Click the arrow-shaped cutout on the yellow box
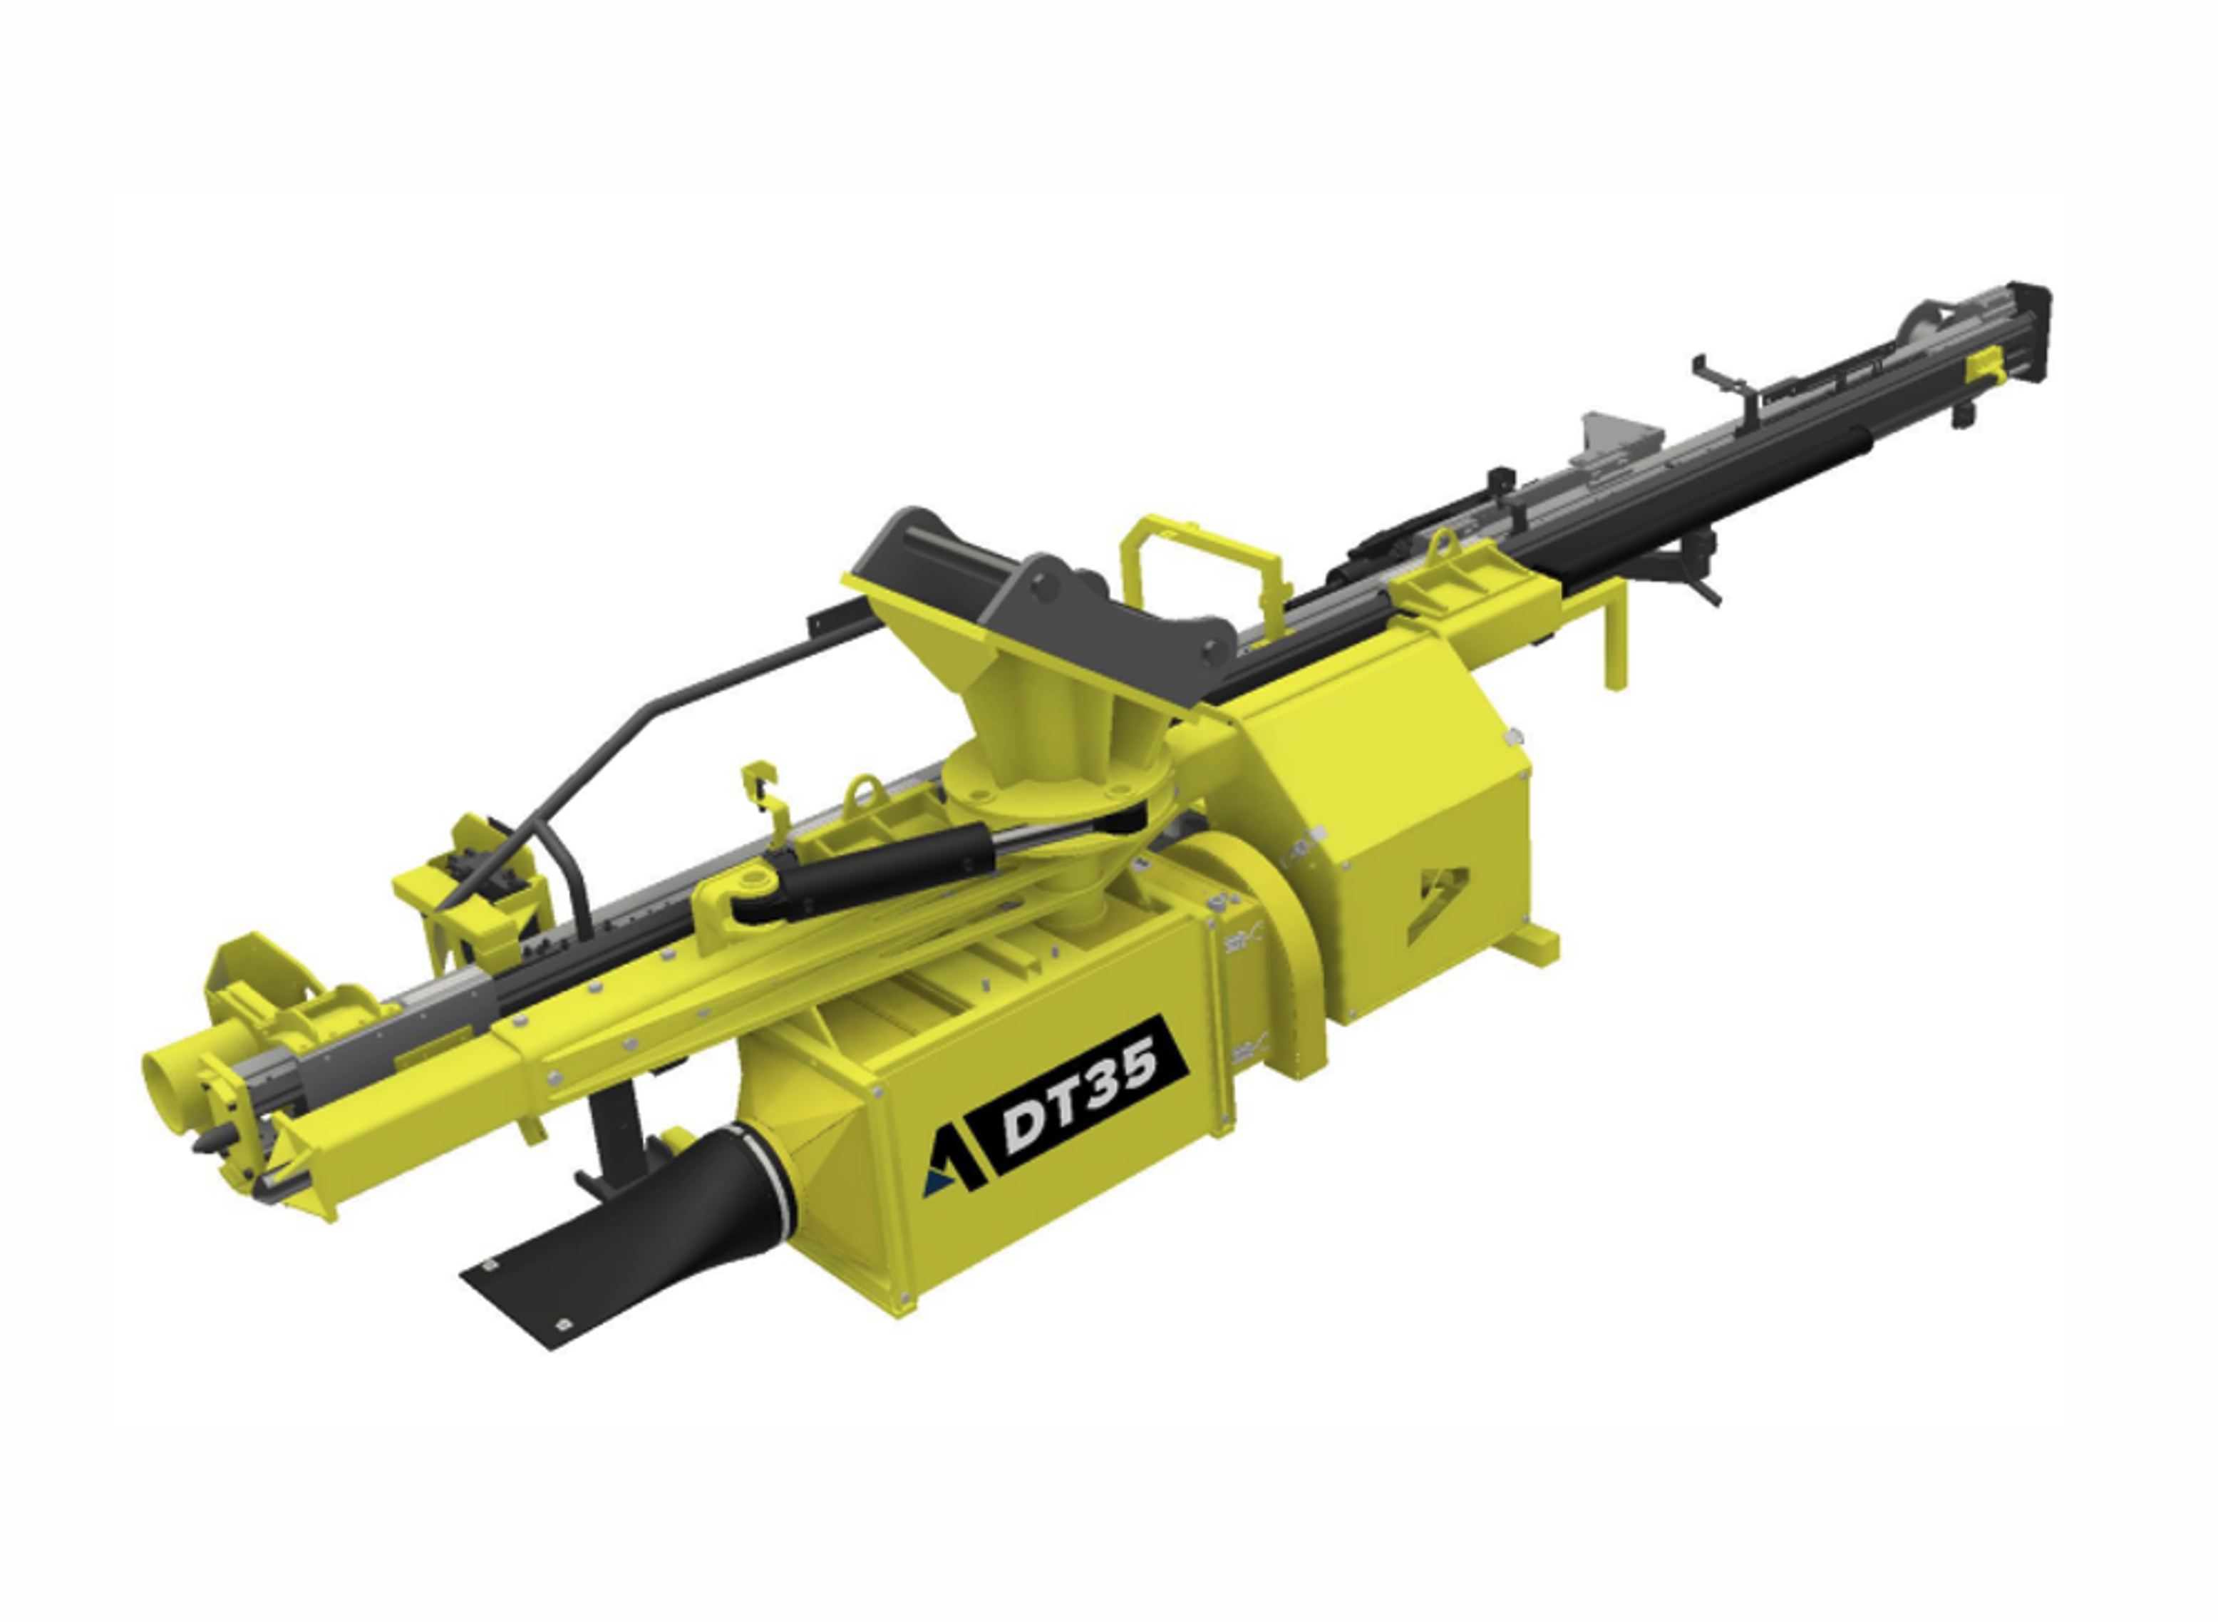tap(1438, 898)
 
